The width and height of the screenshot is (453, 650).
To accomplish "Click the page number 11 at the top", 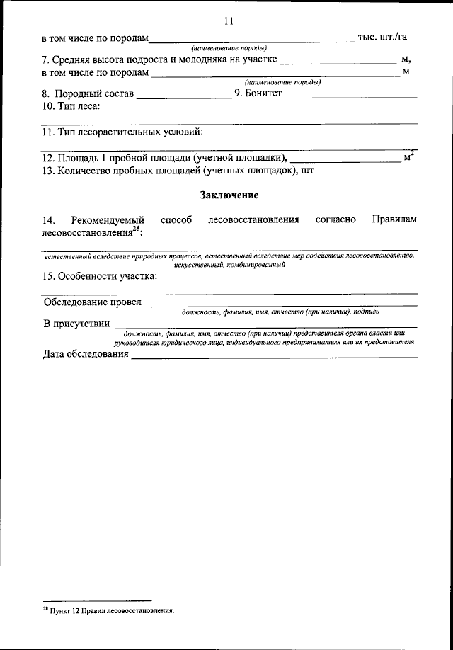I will (228, 21).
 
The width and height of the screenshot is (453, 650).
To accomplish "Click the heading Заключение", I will (229, 194).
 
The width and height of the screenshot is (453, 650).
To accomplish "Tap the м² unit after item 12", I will (408, 156).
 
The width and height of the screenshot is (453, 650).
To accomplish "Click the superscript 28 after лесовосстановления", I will (137, 229).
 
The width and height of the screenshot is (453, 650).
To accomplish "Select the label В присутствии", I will (76, 324).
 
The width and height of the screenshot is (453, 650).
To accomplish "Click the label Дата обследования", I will (86, 354).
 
